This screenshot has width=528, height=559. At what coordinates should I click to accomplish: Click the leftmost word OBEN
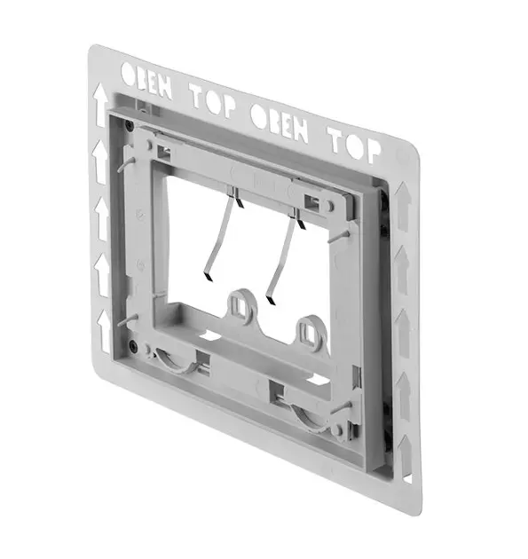click(146, 80)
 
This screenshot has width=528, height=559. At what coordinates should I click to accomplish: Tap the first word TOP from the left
click(213, 100)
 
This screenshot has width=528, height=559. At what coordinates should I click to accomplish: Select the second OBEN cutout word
click(280, 122)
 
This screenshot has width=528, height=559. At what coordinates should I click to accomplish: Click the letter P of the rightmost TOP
click(373, 151)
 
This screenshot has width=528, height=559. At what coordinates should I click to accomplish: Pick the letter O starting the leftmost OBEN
click(128, 74)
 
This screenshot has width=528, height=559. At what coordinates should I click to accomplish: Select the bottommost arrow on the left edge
click(105, 332)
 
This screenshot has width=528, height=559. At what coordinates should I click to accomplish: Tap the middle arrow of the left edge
click(102, 219)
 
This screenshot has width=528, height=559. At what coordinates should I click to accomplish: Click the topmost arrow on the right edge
click(403, 207)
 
